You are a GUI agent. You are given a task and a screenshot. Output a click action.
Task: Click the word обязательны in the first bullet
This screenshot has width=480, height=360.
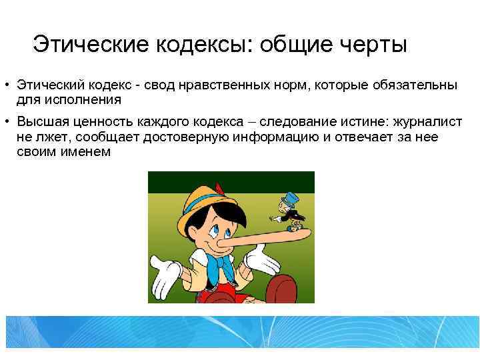click(414, 86)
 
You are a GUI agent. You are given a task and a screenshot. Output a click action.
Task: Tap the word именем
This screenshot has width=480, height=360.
click(82, 151)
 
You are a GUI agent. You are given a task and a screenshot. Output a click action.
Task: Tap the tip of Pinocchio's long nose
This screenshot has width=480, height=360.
click(307, 229)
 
